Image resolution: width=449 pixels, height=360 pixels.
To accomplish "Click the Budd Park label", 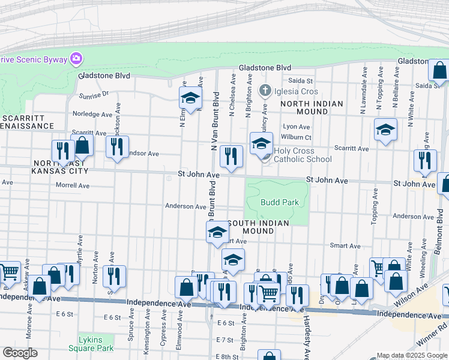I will pyautogui.click(x=280, y=202).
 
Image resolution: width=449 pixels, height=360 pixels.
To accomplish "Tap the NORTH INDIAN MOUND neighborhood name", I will pyautogui.click(x=311, y=108).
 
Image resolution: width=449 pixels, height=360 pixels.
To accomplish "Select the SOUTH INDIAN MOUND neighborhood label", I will pyautogui.click(x=266, y=228).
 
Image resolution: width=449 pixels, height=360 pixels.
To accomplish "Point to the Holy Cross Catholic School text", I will pyautogui.click(x=303, y=155).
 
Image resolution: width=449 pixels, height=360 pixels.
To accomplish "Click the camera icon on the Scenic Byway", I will pyautogui.click(x=77, y=59).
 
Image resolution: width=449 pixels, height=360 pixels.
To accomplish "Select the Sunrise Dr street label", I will pyautogui.click(x=93, y=94).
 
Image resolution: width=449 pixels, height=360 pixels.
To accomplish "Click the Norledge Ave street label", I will pyautogui.click(x=92, y=114).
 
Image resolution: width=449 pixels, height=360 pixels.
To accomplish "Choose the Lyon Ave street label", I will pyautogui.click(x=297, y=127).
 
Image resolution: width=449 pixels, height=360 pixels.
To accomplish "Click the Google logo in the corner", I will pyautogui.click(x=20, y=353).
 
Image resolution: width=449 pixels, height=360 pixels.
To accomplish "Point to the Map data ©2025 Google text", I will pyautogui.click(x=412, y=355).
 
